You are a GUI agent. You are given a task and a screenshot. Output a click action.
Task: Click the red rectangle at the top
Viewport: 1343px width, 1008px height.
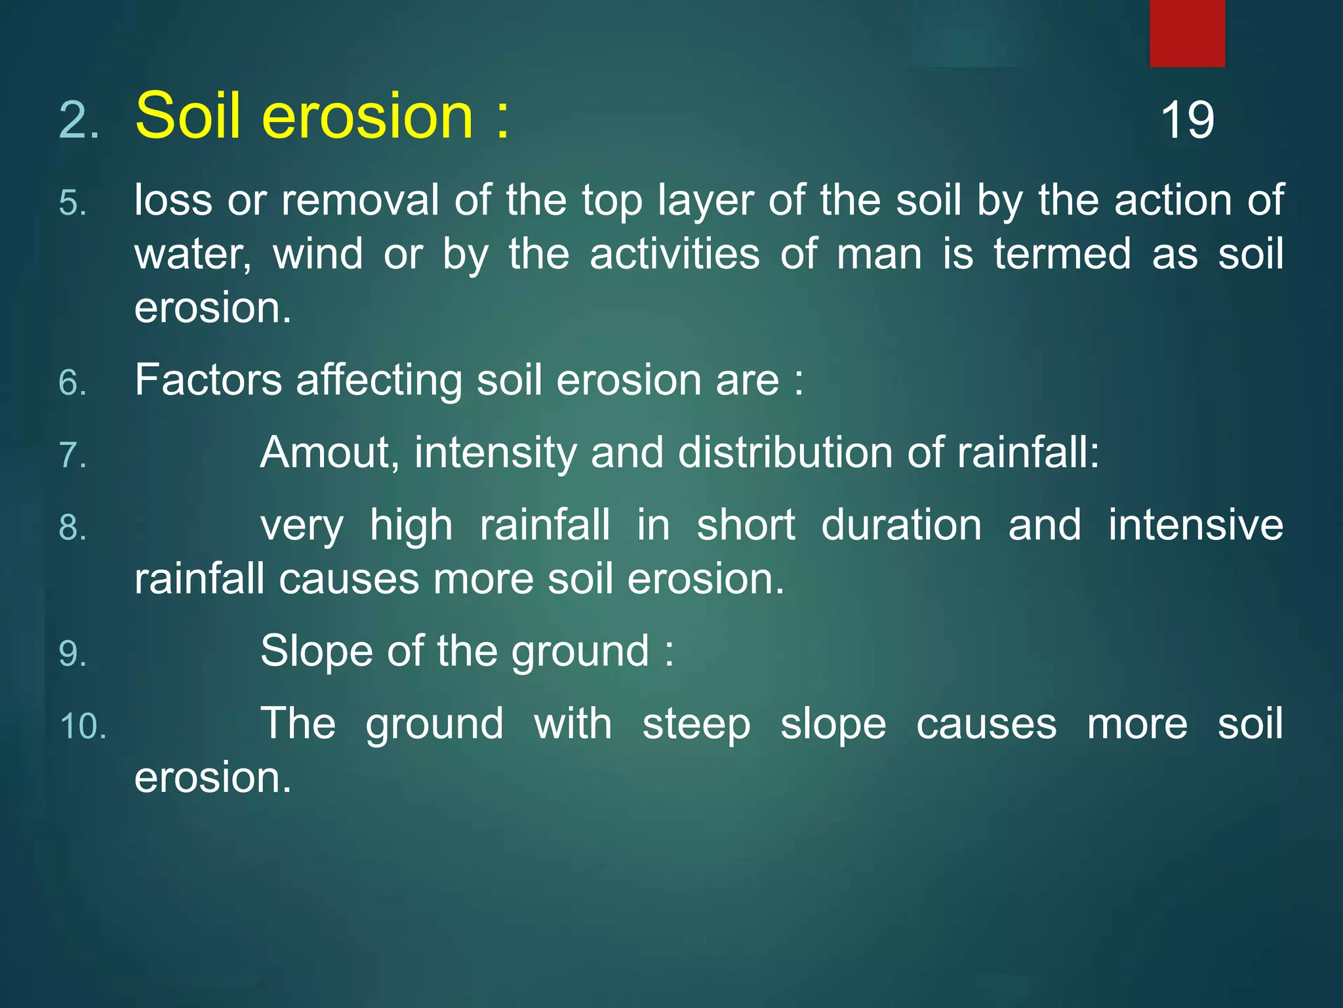click(x=1187, y=33)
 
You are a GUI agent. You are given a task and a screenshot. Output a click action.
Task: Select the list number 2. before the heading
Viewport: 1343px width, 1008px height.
click(x=79, y=121)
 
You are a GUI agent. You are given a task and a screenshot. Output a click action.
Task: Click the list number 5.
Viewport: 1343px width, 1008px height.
click(x=73, y=203)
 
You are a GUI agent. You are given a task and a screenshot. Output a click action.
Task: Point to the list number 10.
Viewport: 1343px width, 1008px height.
click(x=83, y=727)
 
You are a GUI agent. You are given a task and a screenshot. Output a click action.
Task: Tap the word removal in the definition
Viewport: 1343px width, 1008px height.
click(x=360, y=200)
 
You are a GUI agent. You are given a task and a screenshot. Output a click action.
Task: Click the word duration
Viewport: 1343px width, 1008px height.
click(x=901, y=526)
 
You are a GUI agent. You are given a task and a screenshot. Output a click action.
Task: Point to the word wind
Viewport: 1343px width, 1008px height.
click(x=317, y=254)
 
